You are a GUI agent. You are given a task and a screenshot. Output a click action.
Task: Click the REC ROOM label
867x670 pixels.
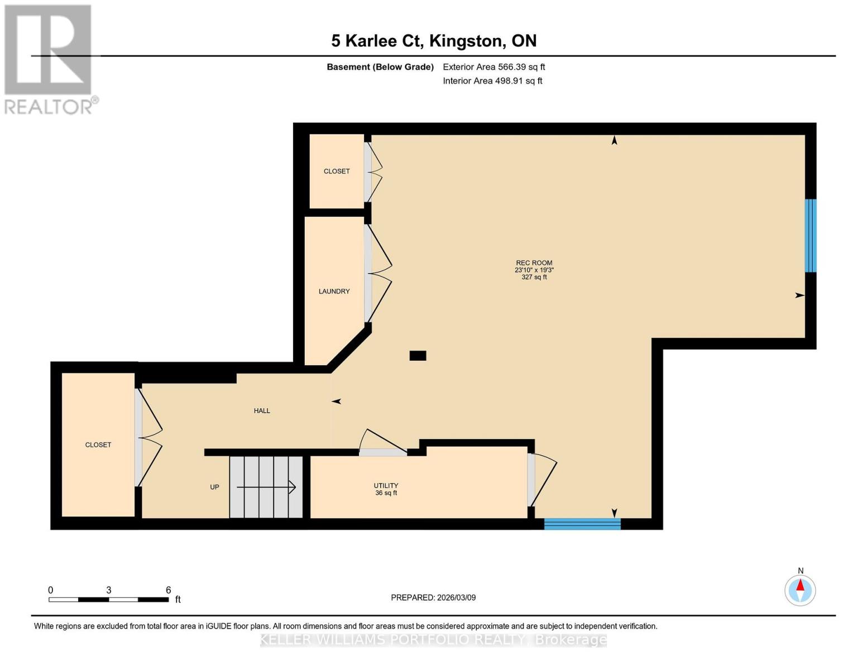(x=534, y=263)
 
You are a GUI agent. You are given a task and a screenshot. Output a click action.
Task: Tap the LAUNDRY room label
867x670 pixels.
(x=334, y=291)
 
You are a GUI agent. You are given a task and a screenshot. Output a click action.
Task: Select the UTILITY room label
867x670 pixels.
(x=386, y=486)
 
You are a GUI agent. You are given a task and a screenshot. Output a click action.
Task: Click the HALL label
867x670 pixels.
(x=262, y=411)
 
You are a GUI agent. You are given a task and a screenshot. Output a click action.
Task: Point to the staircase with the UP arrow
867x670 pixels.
(x=266, y=487)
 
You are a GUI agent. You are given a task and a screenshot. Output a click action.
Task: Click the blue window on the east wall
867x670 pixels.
(x=810, y=236)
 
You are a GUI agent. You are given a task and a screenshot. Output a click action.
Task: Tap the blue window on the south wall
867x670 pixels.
(x=582, y=524)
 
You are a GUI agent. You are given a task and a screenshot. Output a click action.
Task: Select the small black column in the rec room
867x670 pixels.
(x=418, y=356)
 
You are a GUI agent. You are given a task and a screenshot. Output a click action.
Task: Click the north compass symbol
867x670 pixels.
(x=800, y=590)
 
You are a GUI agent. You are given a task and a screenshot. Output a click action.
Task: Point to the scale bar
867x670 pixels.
(x=109, y=599)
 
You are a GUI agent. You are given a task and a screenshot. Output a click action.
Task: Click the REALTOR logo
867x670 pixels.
(x=49, y=59)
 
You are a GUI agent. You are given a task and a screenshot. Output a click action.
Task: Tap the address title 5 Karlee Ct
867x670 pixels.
(x=434, y=41)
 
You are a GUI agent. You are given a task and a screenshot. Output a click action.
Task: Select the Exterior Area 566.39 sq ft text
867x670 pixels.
(x=494, y=67)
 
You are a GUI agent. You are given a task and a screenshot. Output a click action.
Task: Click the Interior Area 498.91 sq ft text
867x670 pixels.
(x=492, y=81)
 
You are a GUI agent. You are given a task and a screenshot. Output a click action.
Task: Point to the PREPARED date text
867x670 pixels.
(x=433, y=597)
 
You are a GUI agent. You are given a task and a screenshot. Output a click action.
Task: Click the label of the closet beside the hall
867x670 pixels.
(x=98, y=445)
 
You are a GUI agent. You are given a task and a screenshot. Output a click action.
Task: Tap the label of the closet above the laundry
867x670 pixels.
(x=337, y=171)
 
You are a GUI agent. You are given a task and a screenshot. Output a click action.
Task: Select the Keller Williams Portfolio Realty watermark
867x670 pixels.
(x=433, y=640)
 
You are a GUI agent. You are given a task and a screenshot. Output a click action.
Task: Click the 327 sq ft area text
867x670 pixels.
(x=534, y=277)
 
